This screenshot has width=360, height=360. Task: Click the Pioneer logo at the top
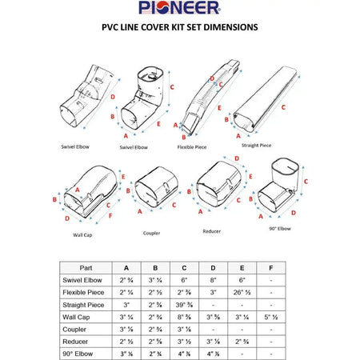pos(179,9)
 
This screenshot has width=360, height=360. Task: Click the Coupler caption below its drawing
pos(152,233)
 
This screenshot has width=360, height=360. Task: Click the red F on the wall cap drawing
pos(110,217)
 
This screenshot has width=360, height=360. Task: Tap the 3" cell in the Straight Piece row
pos(124,305)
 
